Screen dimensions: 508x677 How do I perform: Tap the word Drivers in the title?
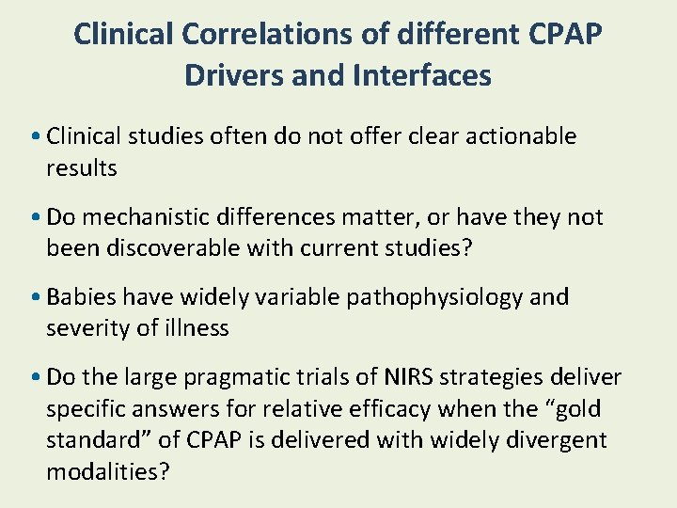(234, 74)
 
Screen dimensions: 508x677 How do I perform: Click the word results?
(82, 168)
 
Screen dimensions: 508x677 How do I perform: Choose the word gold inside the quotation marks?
(575, 409)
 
